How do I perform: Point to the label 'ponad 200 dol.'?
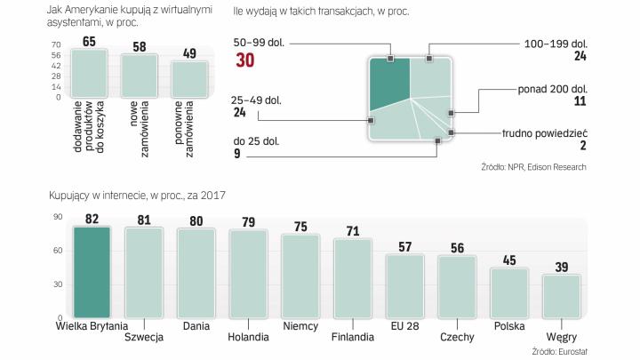[x=552, y=89]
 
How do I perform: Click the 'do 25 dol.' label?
[x=255, y=140]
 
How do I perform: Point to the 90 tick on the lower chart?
[x=58, y=217]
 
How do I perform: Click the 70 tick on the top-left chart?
[x=56, y=44]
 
